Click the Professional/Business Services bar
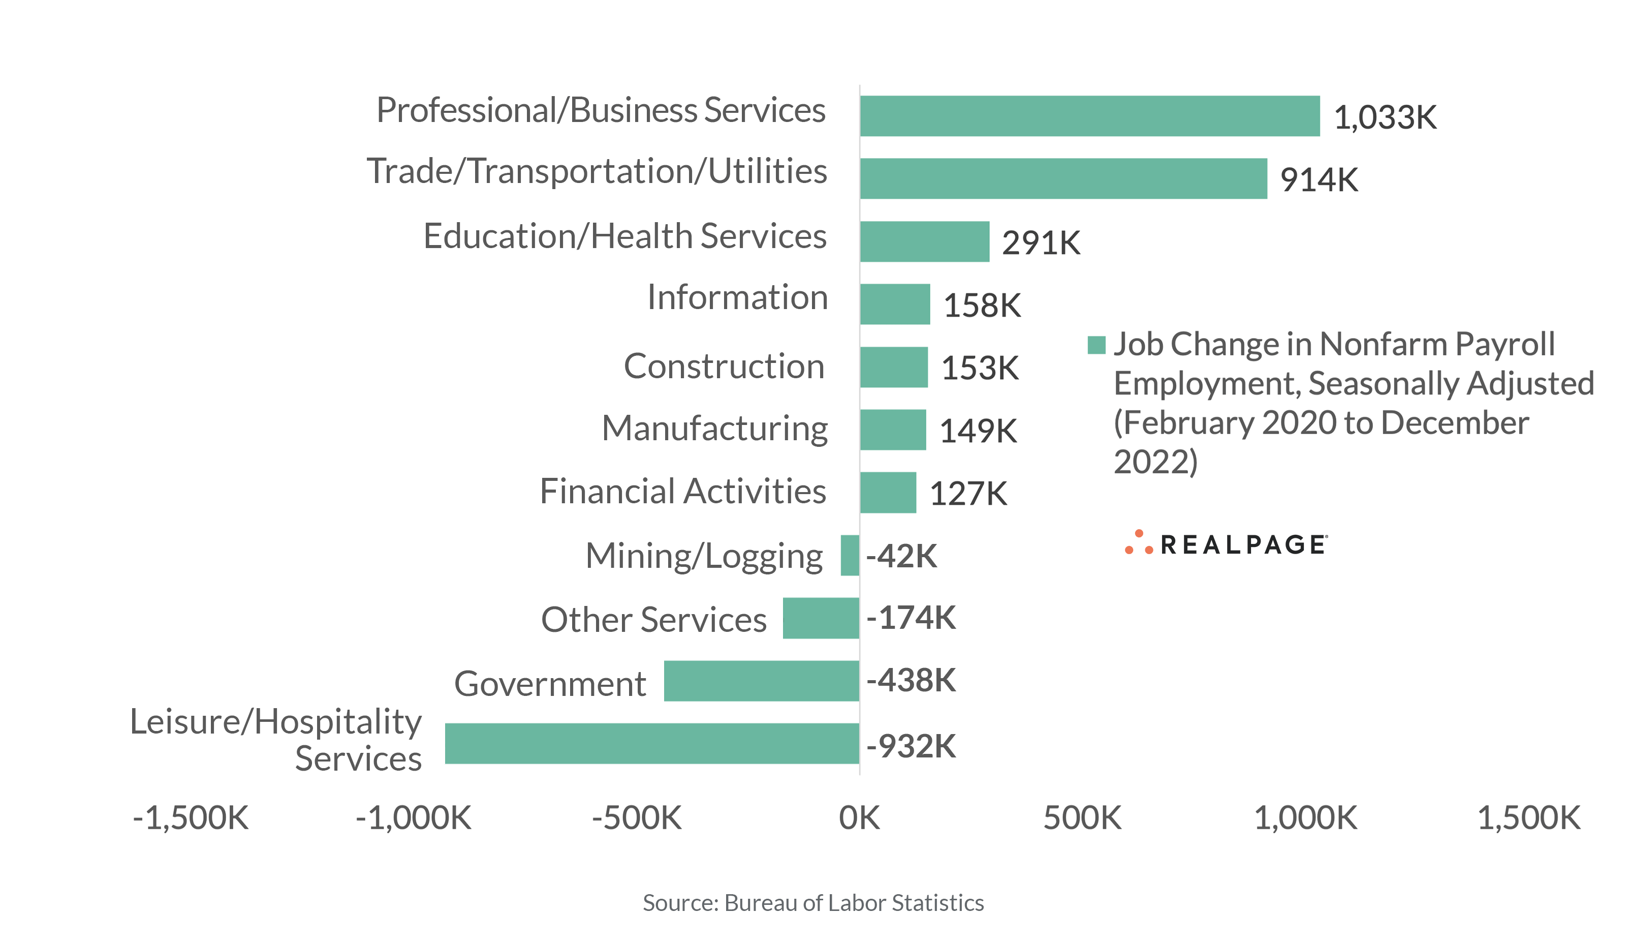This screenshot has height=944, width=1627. (1090, 116)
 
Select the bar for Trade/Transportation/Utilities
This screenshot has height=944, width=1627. (1063, 178)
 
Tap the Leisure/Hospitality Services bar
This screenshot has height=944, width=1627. (652, 743)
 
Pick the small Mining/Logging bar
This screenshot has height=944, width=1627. (850, 555)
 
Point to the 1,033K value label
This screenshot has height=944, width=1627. (1385, 117)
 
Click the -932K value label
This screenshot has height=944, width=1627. (911, 746)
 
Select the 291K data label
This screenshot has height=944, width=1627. (1041, 243)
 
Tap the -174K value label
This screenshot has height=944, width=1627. (911, 617)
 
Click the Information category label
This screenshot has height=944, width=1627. (737, 297)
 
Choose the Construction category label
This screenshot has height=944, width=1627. (724, 367)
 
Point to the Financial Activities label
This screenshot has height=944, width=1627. (682, 491)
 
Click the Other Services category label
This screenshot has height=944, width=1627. (653, 620)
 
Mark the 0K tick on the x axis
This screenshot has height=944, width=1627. (859, 818)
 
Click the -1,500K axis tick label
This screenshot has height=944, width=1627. (191, 818)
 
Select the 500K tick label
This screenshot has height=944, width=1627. (1082, 818)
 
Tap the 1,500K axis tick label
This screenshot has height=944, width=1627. (1528, 818)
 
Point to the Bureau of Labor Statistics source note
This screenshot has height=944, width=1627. (813, 903)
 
